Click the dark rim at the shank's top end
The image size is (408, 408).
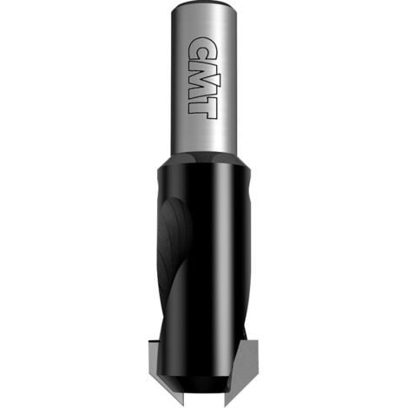click(x=204, y=4)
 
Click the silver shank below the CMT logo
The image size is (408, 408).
click(x=204, y=136)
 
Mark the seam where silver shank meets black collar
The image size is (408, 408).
click(x=204, y=154)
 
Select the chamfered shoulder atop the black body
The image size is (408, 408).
click(x=204, y=161)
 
